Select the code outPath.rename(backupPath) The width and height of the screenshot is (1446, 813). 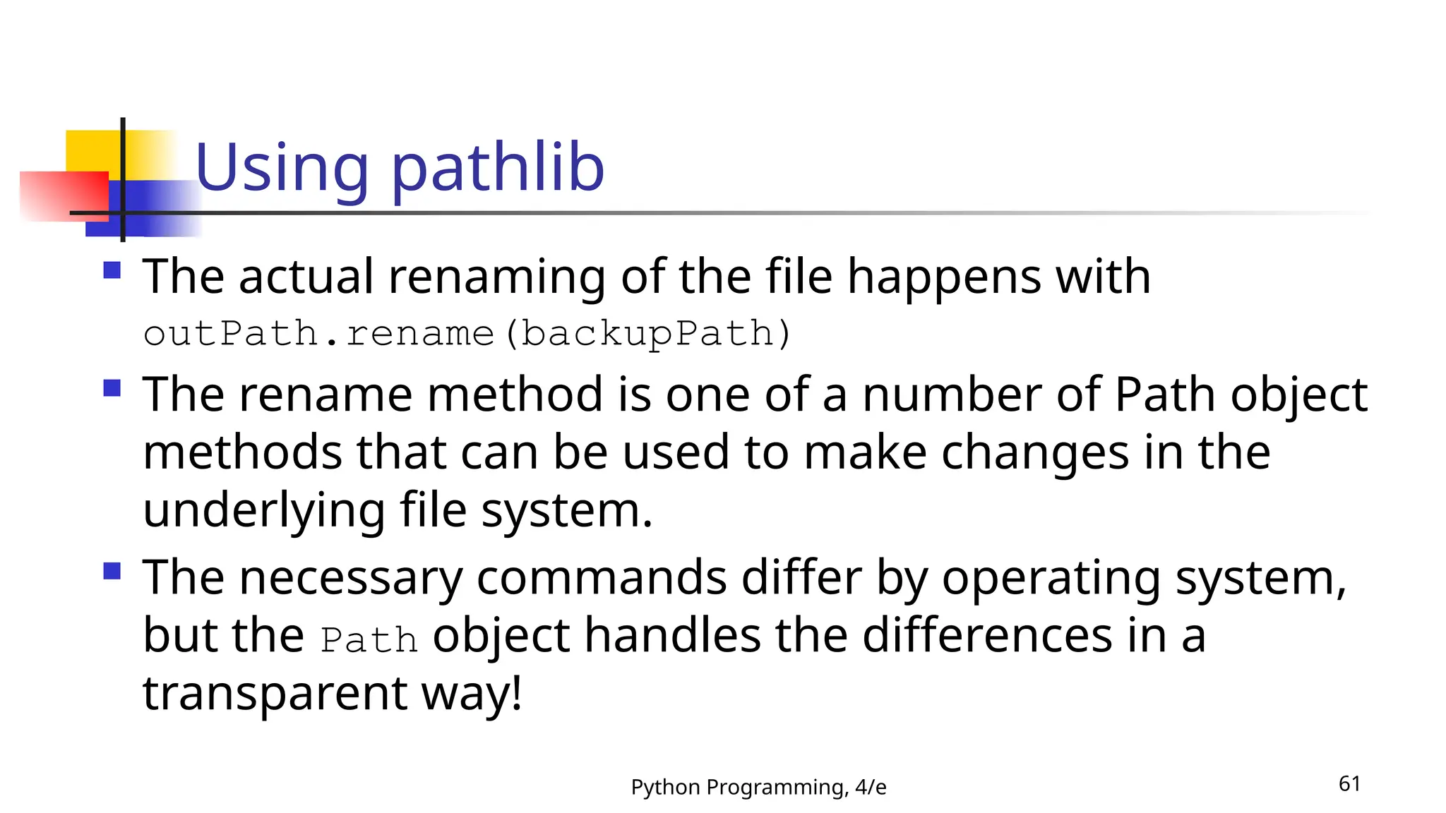(467, 333)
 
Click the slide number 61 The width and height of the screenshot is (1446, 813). (1349, 783)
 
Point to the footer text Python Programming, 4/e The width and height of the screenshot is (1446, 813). (758, 787)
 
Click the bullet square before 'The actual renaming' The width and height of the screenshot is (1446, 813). (112, 270)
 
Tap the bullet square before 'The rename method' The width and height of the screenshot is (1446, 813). (112, 388)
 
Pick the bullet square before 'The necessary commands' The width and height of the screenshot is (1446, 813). (112, 571)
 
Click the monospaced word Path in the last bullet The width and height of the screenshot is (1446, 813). (369, 640)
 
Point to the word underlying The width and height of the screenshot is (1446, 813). (264, 510)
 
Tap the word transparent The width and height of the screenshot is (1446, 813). (275, 693)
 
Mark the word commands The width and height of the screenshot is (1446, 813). (602, 579)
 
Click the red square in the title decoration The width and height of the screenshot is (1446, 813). (64, 196)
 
